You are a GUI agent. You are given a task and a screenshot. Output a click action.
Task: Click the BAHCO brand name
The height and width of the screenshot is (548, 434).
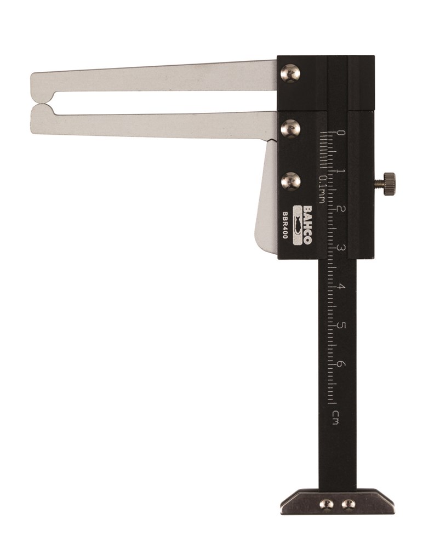pyautogui.click(x=308, y=225)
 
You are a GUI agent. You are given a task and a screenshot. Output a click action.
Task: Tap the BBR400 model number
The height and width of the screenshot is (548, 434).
pyautogui.click(x=285, y=225)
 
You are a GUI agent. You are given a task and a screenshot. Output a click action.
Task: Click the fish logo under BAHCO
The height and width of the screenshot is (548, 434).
pyautogui.click(x=297, y=225)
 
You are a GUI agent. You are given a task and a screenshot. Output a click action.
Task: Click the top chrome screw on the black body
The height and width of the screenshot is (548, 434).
pyautogui.click(x=291, y=73)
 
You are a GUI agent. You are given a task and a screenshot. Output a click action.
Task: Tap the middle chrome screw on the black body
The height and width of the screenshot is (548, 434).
pyautogui.click(x=291, y=129)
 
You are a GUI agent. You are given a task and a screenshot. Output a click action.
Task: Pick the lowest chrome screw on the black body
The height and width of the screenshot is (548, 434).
pyautogui.click(x=291, y=181)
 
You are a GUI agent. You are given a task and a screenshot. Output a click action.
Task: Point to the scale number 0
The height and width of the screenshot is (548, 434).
pyautogui.click(x=341, y=133)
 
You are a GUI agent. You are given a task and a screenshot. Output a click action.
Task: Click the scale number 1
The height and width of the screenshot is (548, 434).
pyautogui.click(x=341, y=171)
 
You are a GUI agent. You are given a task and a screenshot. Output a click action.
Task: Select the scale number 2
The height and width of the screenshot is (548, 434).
pyautogui.click(x=341, y=209)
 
